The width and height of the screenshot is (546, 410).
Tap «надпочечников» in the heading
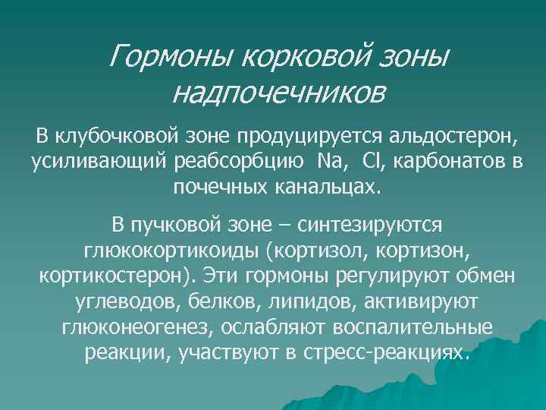(x=278, y=93)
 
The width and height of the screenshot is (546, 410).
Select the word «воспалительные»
(x=409, y=328)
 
